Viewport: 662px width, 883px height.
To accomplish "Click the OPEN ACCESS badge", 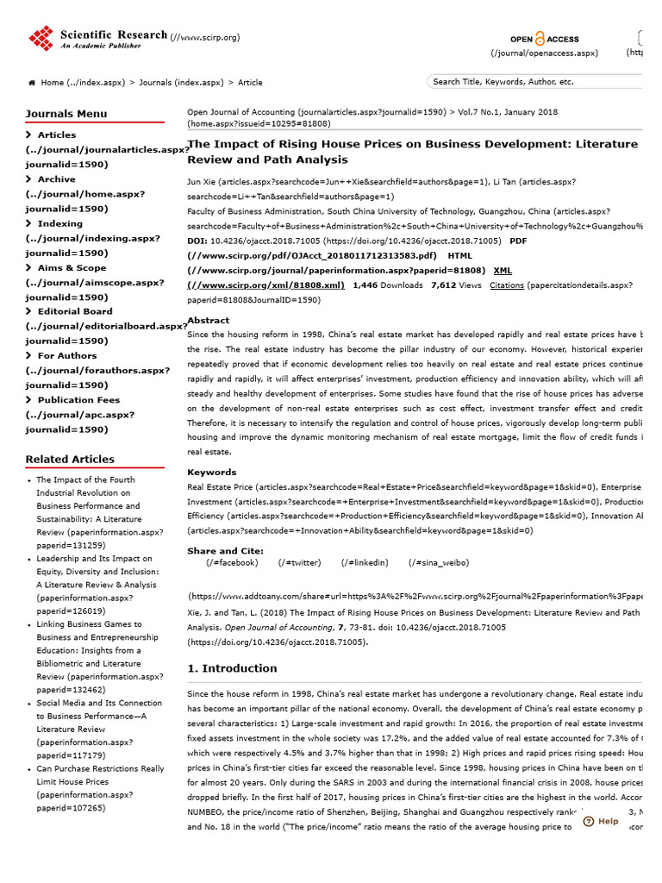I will [x=544, y=39].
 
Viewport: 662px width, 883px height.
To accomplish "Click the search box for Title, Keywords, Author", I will [x=534, y=82].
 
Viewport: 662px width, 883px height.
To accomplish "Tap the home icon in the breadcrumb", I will [x=32, y=83].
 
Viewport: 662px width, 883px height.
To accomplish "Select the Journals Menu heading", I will [x=66, y=113].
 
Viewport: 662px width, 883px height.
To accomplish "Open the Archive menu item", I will [x=56, y=179].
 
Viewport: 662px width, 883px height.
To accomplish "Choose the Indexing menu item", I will [x=59, y=223].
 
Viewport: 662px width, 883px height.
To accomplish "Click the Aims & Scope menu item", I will [x=72, y=267].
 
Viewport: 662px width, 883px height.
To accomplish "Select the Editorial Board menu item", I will [x=74, y=311].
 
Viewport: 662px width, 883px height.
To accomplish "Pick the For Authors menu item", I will [x=67, y=355].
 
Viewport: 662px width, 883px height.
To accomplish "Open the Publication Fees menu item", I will [x=78, y=400].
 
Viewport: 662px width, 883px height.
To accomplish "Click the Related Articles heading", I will [x=71, y=459].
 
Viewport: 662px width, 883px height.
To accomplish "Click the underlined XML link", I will [x=503, y=270].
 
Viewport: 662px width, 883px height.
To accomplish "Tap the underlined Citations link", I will [x=506, y=285].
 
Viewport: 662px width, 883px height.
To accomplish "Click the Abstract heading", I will [x=208, y=320].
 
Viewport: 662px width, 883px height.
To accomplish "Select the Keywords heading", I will [x=211, y=473].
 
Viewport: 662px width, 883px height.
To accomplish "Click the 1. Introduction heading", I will [x=232, y=668].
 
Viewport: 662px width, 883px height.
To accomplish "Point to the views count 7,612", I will [x=444, y=285].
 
